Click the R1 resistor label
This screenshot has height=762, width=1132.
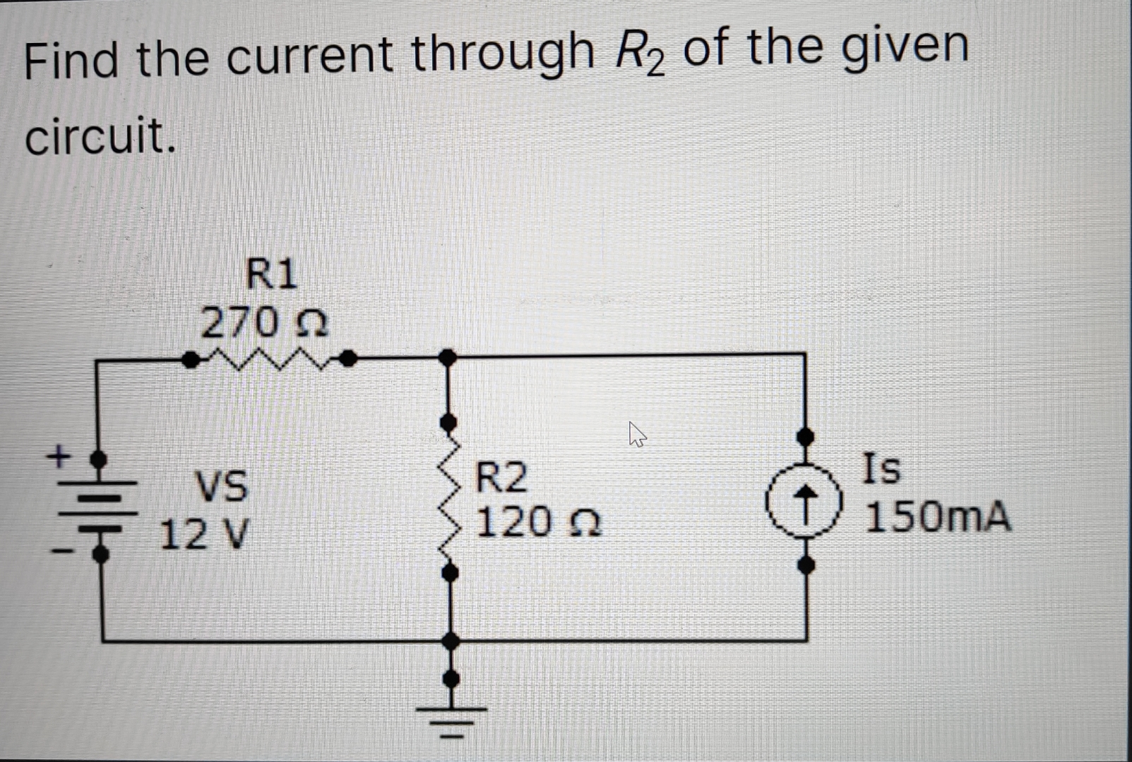(x=271, y=274)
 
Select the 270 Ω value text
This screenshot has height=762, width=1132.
(x=263, y=324)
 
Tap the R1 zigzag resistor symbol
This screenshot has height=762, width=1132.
(x=268, y=360)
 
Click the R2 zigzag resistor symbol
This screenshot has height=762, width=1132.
(x=448, y=497)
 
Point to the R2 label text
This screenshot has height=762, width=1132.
(x=501, y=478)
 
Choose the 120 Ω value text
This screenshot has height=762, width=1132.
(x=538, y=523)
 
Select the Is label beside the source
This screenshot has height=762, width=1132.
(x=882, y=468)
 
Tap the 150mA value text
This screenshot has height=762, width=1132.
(x=938, y=517)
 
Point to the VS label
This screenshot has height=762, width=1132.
(x=222, y=486)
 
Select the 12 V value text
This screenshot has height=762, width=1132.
(x=204, y=534)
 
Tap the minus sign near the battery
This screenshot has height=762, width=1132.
(x=63, y=552)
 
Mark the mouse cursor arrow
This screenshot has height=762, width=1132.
(x=637, y=435)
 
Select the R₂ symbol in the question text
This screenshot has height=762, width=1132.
(x=640, y=55)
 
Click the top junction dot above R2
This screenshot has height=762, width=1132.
(x=447, y=358)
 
